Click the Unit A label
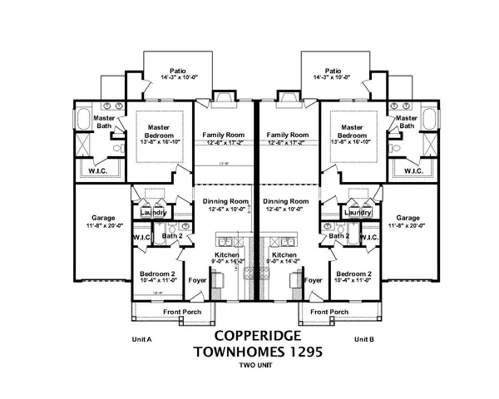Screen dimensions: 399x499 pos(144,339)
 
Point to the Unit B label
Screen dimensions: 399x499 pos(365,339)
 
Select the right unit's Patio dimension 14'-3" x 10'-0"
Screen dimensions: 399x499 pos(333,78)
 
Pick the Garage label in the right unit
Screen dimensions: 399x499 pos(408,218)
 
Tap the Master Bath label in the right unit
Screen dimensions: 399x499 pos(407,122)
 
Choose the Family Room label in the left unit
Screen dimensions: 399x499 pos(225,135)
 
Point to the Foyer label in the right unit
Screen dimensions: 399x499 pos(313,281)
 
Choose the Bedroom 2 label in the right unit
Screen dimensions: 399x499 pos(354,273)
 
